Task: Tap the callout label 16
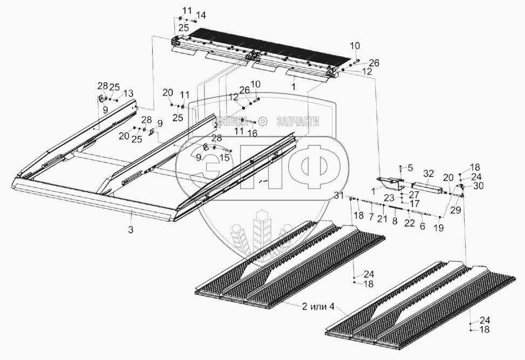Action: pos(253,132)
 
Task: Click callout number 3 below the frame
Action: pos(131,229)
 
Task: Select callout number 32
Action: pos(428,173)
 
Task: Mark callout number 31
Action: pos(338,195)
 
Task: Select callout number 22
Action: pos(410,223)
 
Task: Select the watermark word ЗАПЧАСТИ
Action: pos(297,121)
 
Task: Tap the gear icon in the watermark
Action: pos(263,121)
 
